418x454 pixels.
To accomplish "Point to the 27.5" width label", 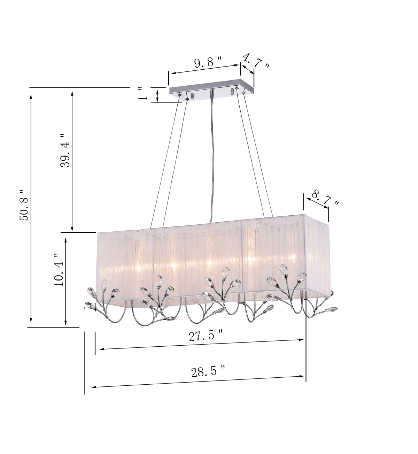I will (206, 336).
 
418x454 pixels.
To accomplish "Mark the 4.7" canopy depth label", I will (256, 61).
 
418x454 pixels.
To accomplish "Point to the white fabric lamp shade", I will (212, 258).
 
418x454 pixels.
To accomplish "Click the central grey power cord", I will (211, 157).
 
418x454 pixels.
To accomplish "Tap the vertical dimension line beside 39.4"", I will (72, 160).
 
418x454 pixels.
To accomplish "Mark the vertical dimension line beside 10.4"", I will (65, 280).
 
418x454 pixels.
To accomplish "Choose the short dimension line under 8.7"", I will (317, 202).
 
